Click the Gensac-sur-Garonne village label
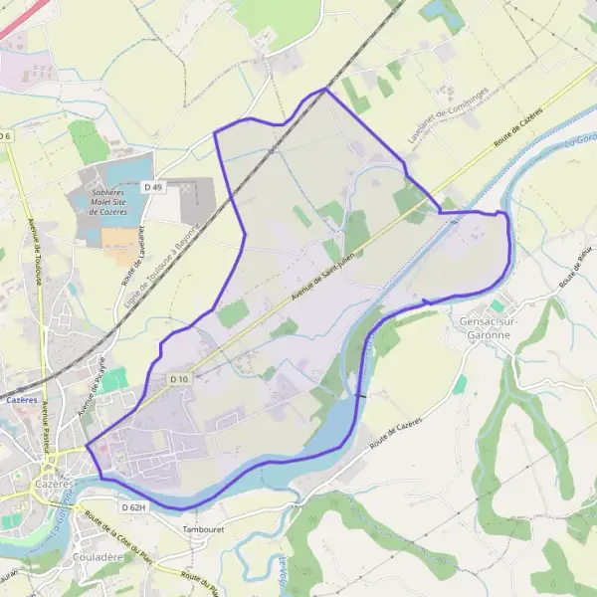(x=485, y=328)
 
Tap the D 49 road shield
(x=152, y=186)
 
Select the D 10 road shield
(x=179, y=379)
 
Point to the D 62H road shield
(x=133, y=507)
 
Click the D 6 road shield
(x=6, y=135)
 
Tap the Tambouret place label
(x=203, y=529)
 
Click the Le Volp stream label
(x=283, y=572)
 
